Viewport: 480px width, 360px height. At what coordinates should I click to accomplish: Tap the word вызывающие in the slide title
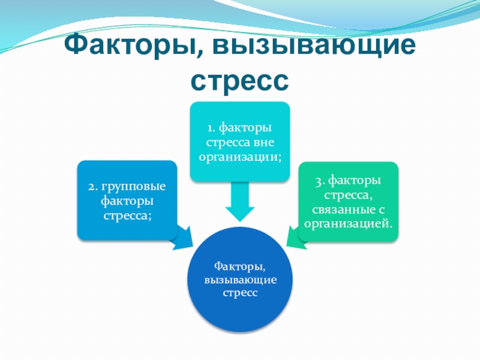306,46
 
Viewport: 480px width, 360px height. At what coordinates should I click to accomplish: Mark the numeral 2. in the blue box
92,187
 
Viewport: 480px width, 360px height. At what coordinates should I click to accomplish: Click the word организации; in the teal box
241,157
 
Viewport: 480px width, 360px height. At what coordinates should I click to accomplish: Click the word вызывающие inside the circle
240,280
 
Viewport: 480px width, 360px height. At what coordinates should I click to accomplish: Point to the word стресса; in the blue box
127,215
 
